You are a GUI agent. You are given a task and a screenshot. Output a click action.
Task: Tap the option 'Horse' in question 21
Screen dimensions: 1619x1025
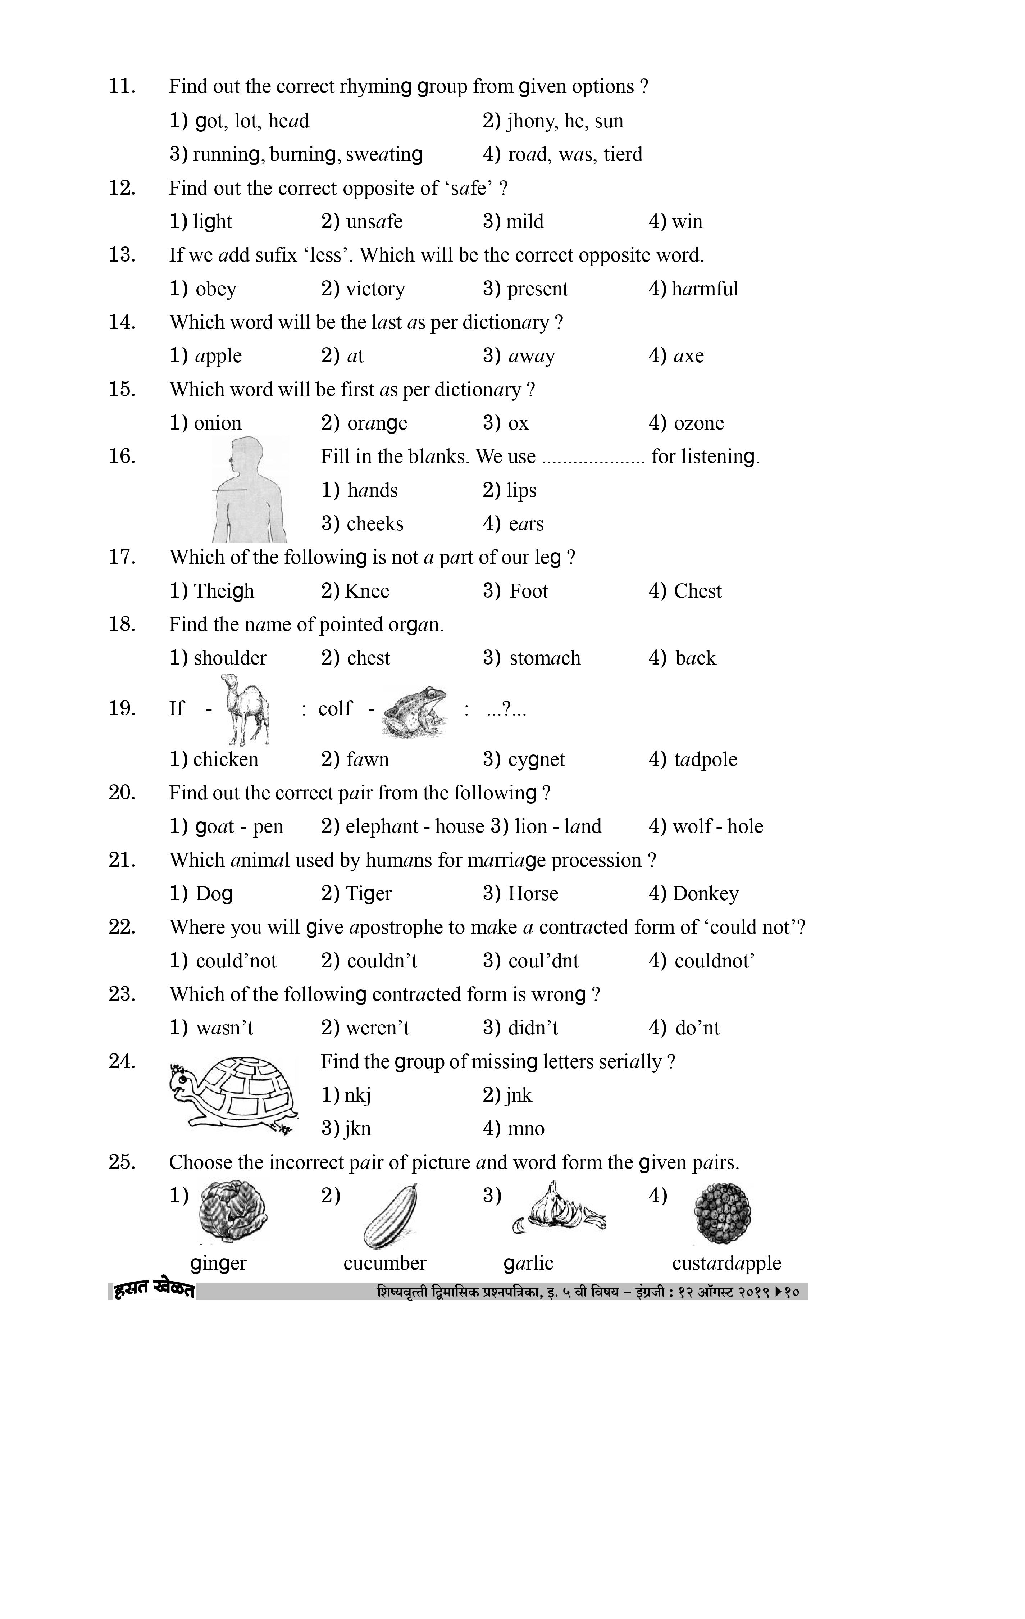coord(533,894)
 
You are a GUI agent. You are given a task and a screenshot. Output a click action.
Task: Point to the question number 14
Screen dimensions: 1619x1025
coord(122,322)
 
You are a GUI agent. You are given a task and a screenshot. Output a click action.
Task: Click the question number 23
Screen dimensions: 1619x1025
coord(122,994)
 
